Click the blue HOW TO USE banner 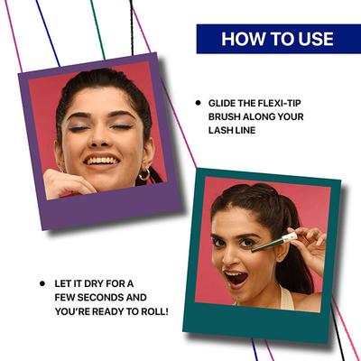pyautogui.click(x=277, y=39)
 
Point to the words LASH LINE pyautogui.click(x=237, y=131)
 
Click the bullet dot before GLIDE pyautogui.click(x=199, y=103)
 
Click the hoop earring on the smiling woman pyautogui.click(x=144, y=173)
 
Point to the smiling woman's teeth pyautogui.click(x=101, y=161)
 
